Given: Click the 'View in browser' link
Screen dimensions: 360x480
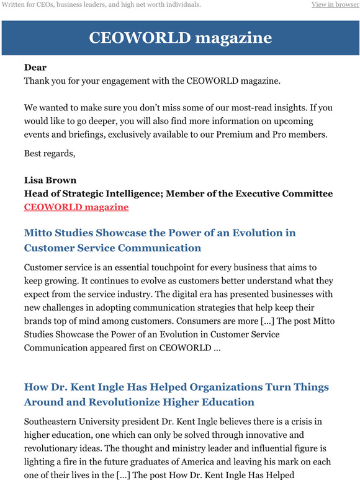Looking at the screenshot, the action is pyautogui.click(x=335, y=5).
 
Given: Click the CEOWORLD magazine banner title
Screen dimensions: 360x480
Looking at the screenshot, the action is pyautogui.click(x=180, y=38).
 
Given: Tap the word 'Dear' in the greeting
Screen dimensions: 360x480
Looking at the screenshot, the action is pyautogui.click(x=35, y=67).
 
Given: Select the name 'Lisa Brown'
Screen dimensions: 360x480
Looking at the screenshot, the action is pyautogui.click(x=50, y=180).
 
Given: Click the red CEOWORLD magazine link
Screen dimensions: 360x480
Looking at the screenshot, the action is pyautogui.click(x=76, y=207).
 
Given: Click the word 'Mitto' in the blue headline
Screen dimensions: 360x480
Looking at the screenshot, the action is pyautogui.click(x=38, y=233).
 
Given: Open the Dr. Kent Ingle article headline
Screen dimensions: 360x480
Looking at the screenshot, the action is pyautogui.click(x=176, y=394).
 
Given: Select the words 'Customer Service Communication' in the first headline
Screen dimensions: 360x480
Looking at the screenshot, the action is pyautogui.click(x=112, y=248).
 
